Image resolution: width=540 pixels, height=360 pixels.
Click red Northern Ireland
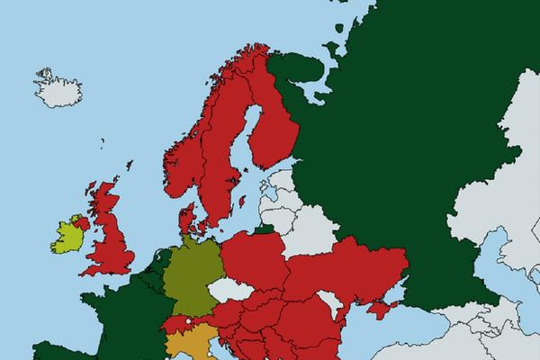[82, 221]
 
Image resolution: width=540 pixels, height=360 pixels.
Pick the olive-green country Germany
[191, 274]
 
